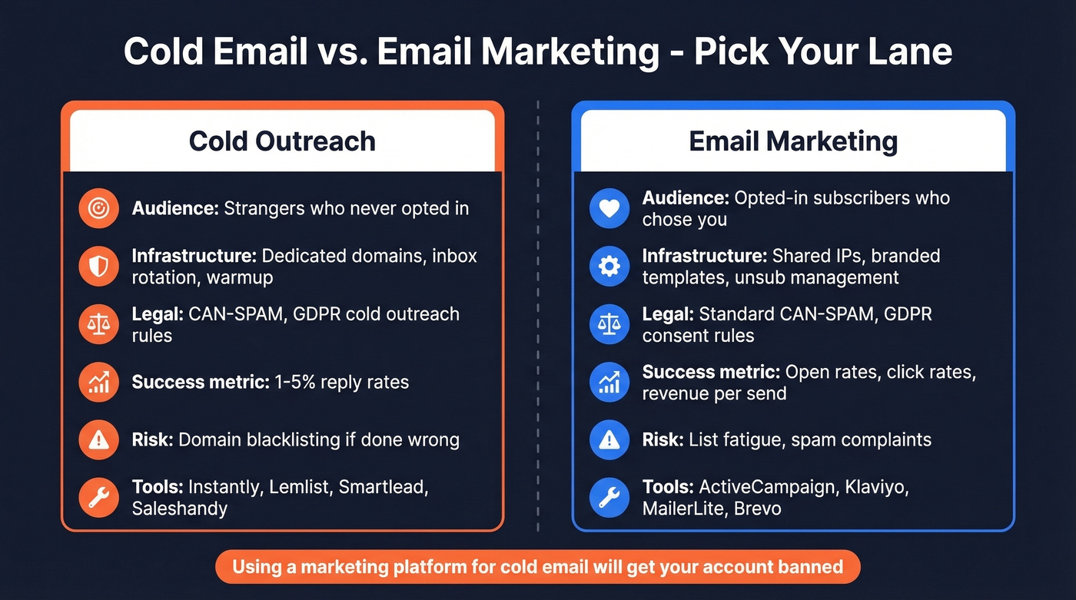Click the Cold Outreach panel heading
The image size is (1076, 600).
[282, 141]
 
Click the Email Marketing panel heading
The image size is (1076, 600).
[792, 141]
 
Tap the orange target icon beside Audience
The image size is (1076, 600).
[99, 208]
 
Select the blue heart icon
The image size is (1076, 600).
[609, 208]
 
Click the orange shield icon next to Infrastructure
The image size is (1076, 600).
[99, 266]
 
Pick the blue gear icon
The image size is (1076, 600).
[609, 266]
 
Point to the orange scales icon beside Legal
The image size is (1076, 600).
[99, 324]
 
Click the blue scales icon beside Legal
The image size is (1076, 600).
[609, 324]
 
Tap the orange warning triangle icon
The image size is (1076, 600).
[99, 439]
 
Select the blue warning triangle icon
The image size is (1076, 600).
[609, 439]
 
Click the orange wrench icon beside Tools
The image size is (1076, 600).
[99, 497]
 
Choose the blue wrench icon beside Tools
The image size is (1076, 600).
[609, 497]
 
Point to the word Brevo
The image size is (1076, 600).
[757, 508]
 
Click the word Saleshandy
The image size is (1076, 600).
[180, 508]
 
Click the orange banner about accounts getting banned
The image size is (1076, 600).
[537, 568]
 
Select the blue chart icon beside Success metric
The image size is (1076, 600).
[609, 382]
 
